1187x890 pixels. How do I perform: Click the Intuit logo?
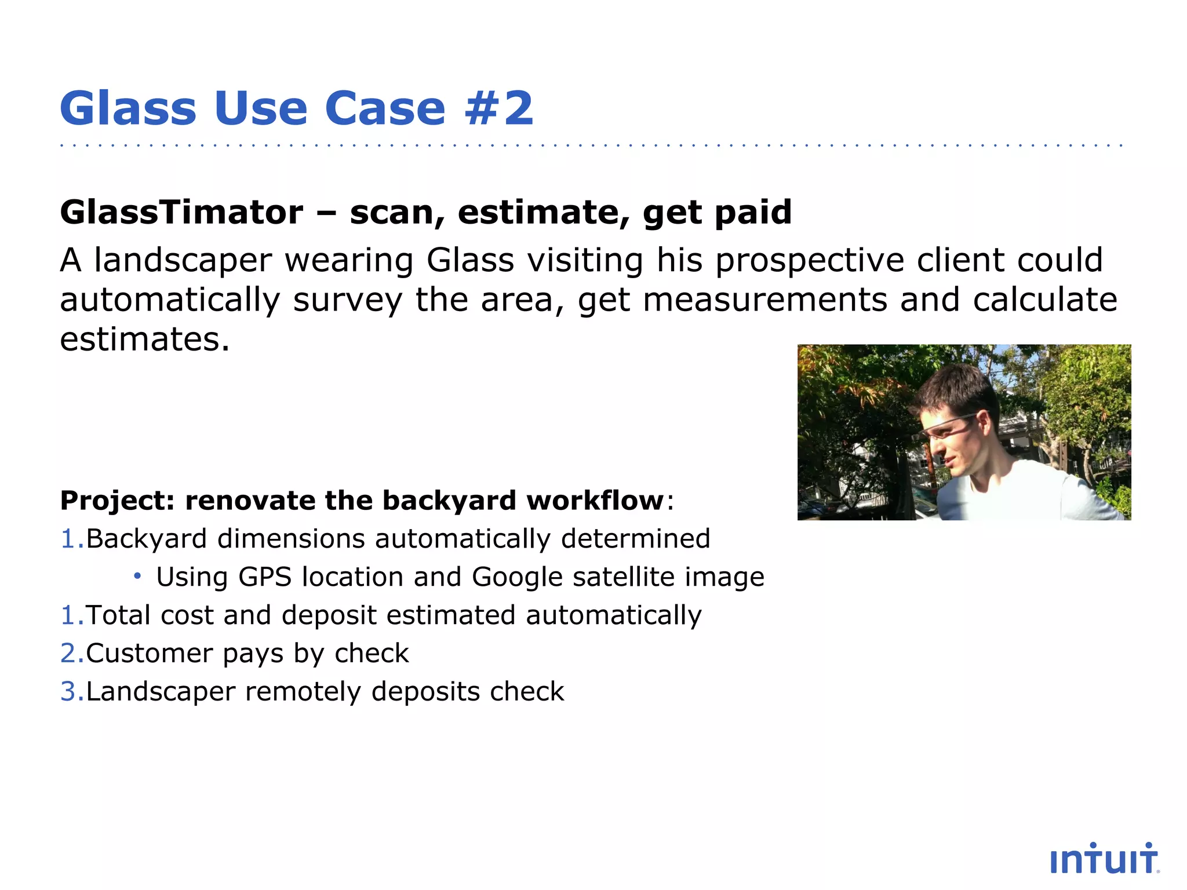click(1104, 859)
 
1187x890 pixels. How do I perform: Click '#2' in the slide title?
click(498, 108)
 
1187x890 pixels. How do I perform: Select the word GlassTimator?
click(181, 212)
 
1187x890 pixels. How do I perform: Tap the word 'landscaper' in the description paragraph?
click(183, 260)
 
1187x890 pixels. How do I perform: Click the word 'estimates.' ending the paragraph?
click(145, 340)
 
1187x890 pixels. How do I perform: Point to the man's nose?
click(932, 449)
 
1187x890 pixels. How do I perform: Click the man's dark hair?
click(956, 388)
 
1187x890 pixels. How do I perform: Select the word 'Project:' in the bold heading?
click(118, 501)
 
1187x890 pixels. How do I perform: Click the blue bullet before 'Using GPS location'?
click(137, 576)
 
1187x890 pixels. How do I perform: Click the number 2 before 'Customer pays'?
click(68, 654)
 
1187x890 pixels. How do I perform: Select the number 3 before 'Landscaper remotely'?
click(68, 692)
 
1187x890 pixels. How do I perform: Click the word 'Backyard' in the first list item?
click(147, 539)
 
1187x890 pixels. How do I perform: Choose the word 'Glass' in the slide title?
click(128, 108)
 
